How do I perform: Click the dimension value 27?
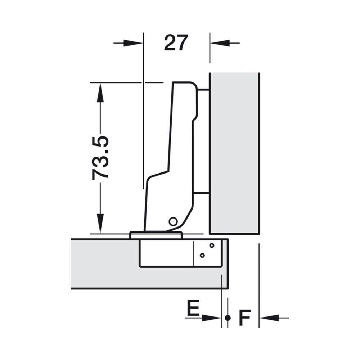[x=176, y=43]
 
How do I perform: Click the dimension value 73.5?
[x=100, y=158]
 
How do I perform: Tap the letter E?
[x=193, y=307]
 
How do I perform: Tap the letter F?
[x=244, y=318]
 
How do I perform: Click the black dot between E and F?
[x=228, y=318]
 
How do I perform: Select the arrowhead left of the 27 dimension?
[x=133, y=43]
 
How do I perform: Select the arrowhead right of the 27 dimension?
[x=220, y=43]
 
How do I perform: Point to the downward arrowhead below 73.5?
[x=100, y=224]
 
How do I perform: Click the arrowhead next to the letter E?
[x=211, y=318]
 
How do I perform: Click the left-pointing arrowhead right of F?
[x=269, y=318]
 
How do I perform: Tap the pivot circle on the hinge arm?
[x=173, y=221]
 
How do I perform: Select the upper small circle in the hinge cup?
[x=212, y=246]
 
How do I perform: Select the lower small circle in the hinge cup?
[x=202, y=255]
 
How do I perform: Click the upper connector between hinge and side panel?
[x=203, y=90]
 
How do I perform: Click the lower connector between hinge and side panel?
[x=201, y=193]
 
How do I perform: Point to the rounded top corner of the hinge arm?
[x=193, y=85]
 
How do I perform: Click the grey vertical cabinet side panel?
[x=234, y=153]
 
